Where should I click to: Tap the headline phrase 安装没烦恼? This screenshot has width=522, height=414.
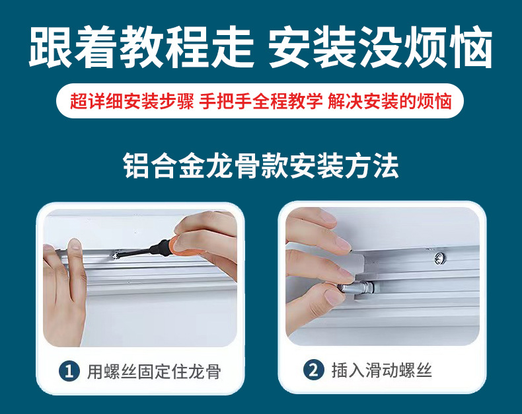[x=381, y=48]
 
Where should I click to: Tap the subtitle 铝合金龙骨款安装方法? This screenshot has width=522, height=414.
[x=261, y=166]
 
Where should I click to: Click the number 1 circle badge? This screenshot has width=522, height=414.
[x=69, y=370]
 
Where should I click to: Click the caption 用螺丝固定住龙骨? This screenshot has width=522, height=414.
[x=153, y=371]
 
